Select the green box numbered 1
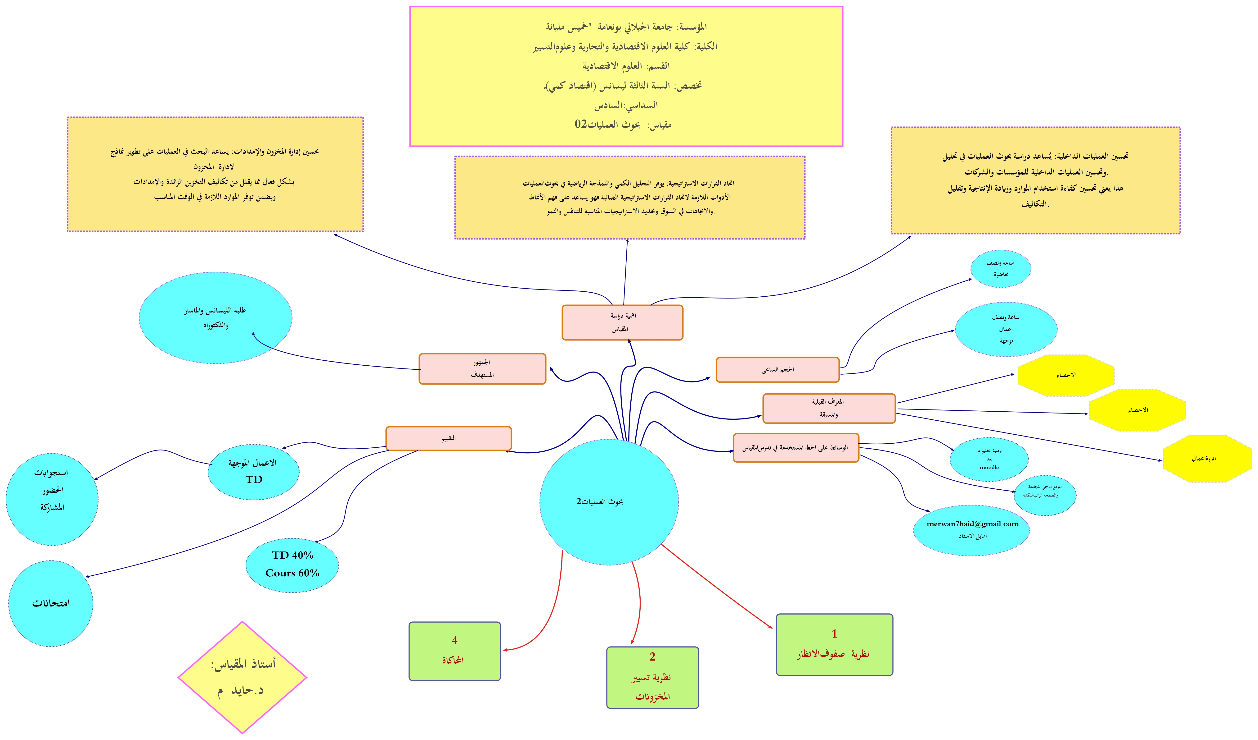click(x=834, y=644)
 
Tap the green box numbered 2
click(x=652, y=678)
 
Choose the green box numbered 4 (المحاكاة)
click(x=454, y=651)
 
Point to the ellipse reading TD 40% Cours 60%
click(x=292, y=565)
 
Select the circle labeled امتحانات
click(x=51, y=604)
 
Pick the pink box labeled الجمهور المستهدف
click(x=482, y=369)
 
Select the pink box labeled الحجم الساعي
click(x=777, y=370)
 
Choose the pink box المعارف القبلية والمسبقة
click(x=829, y=408)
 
